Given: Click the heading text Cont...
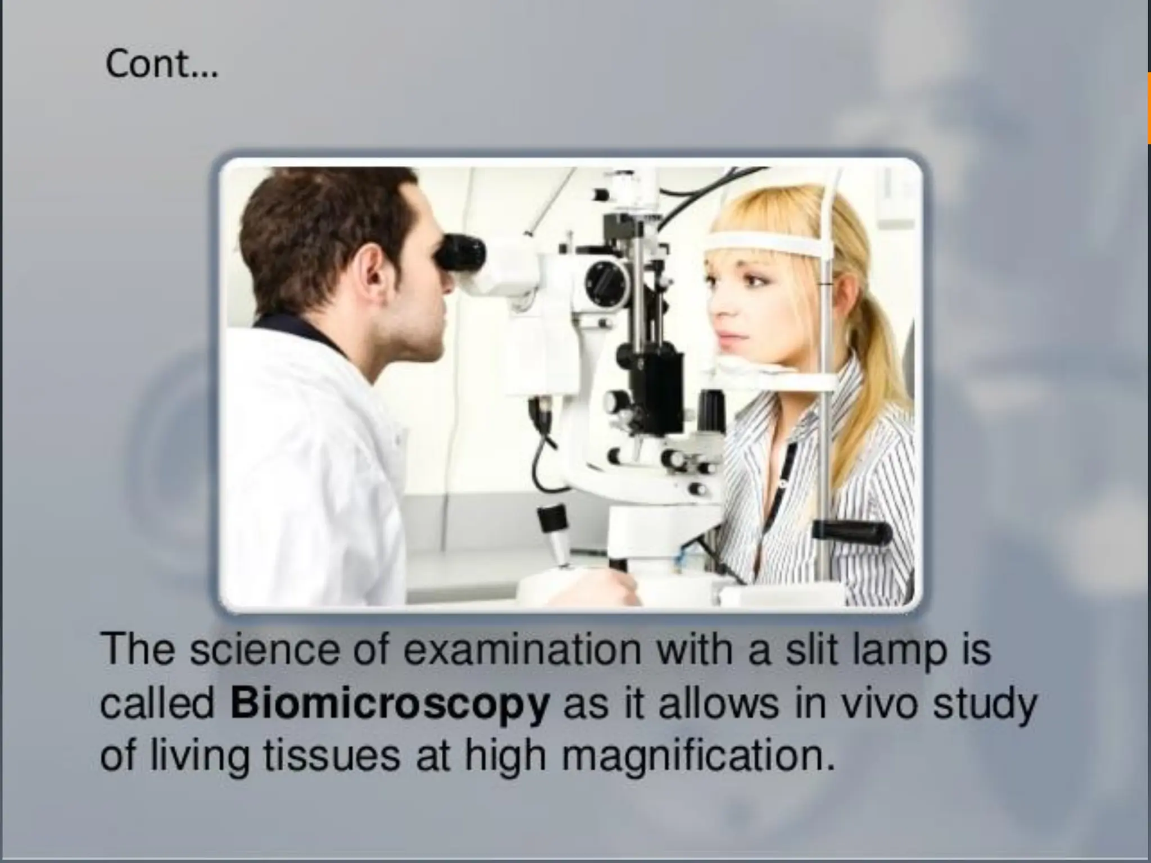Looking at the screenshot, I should [161, 65].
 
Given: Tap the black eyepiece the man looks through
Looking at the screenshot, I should [461, 252].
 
